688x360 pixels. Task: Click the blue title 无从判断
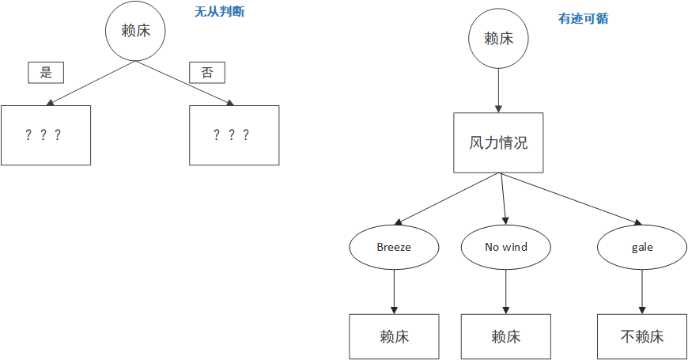click(x=220, y=13)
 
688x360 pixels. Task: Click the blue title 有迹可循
click(x=584, y=18)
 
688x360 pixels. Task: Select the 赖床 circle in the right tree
click(x=499, y=38)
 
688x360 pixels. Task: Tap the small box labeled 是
click(x=46, y=73)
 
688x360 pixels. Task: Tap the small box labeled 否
click(x=207, y=73)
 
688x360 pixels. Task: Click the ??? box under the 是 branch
click(x=46, y=135)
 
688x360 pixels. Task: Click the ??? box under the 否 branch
click(x=234, y=135)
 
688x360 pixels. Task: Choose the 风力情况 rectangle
click(x=499, y=143)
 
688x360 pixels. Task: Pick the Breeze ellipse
click(x=394, y=247)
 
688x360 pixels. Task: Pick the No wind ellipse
click(x=506, y=247)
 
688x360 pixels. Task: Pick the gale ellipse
click(x=642, y=247)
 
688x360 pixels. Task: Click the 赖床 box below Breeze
click(x=394, y=336)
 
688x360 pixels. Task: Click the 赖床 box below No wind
click(x=506, y=336)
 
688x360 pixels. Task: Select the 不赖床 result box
click(x=642, y=336)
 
